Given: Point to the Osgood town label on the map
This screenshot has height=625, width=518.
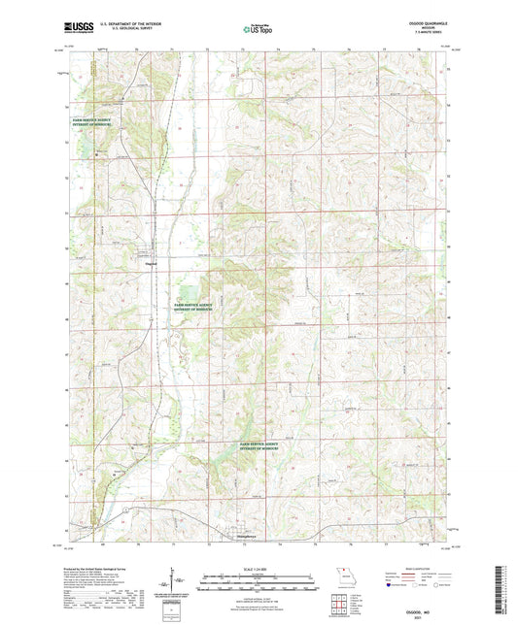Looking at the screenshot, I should (x=152, y=262).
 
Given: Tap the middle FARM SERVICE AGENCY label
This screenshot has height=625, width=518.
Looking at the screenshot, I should (x=191, y=305).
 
